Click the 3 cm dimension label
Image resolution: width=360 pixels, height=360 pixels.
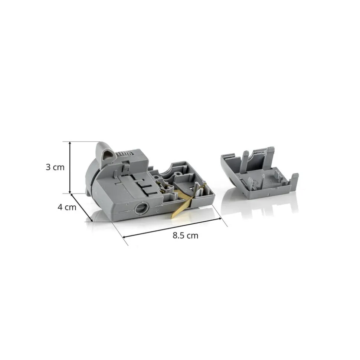55,167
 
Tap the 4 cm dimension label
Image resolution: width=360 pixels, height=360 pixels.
67,207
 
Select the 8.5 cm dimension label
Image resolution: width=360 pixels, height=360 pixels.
185,235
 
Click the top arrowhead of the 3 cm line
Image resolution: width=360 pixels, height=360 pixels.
70,143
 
